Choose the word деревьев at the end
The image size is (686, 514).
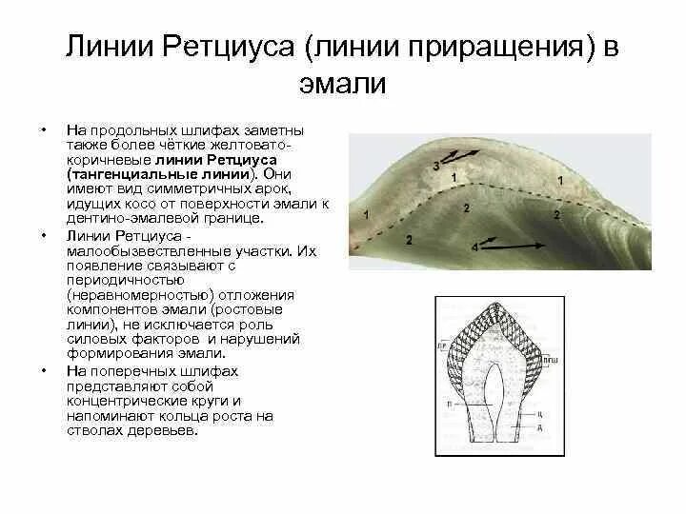click(x=168, y=430)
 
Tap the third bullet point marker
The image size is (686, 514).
click(x=41, y=369)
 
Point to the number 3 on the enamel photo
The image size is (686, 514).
click(x=435, y=166)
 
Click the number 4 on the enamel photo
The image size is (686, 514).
click(x=474, y=247)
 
